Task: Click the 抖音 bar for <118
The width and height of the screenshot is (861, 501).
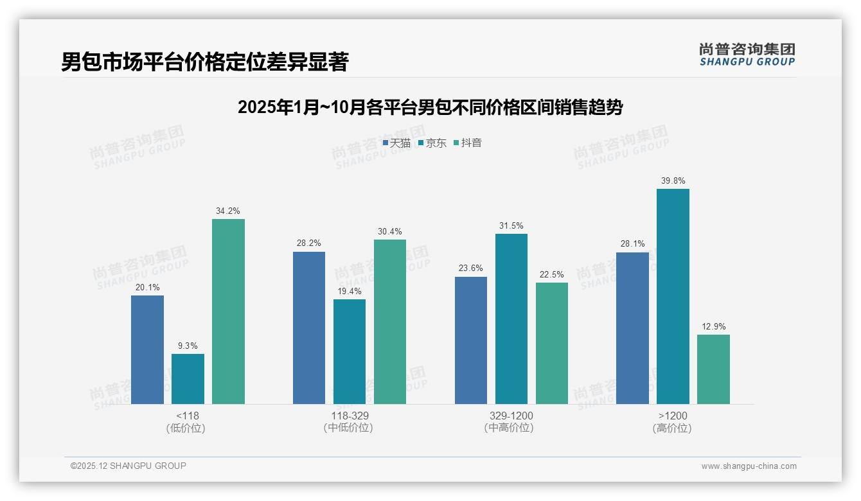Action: coord(228,312)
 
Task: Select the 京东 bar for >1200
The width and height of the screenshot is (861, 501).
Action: coord(673,296)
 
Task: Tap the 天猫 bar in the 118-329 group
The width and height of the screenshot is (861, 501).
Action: coord(309,328)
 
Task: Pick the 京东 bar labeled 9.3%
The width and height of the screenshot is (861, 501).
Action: coord(188,379)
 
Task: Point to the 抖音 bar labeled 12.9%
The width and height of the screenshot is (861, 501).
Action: coord(713,369)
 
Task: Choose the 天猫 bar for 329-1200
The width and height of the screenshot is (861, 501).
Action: coord(471,340)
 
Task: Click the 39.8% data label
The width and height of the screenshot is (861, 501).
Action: coord(673,181)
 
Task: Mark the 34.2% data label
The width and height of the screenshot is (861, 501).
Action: coord(228,211)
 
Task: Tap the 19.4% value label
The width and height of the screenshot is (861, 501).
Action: coord(350,292)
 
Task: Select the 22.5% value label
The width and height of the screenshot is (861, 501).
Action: coord(552,275)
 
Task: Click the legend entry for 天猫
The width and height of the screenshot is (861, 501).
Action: coord(396,143)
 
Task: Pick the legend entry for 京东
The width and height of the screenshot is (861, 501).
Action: coord(432,143)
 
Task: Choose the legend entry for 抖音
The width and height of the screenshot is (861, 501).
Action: coord(468,143)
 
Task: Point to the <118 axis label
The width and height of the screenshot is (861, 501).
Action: coord(187,416)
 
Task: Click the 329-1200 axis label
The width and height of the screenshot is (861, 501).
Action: coord(511,416)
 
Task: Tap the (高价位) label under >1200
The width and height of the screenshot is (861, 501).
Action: coord(672,428)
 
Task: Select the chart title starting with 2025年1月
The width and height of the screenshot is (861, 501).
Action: coord(430,107)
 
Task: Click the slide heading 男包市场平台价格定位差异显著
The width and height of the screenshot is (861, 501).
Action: coord(204,62)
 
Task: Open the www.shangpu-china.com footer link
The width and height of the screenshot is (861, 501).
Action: coord(749,466)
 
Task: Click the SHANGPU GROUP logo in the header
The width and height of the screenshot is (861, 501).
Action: coord(747,55)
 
